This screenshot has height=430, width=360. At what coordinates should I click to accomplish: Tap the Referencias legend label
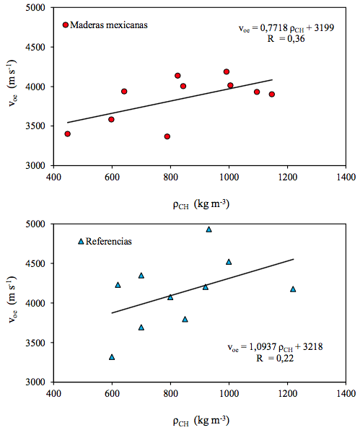109,241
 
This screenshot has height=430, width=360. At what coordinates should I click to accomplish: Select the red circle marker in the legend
66,25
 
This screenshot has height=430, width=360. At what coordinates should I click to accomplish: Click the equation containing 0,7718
296,28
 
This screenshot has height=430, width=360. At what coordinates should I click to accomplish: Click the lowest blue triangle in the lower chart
112,356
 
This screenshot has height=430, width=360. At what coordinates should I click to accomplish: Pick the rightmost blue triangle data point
293,289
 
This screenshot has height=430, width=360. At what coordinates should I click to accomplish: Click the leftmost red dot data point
68,133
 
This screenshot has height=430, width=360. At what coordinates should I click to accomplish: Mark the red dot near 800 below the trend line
167,136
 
